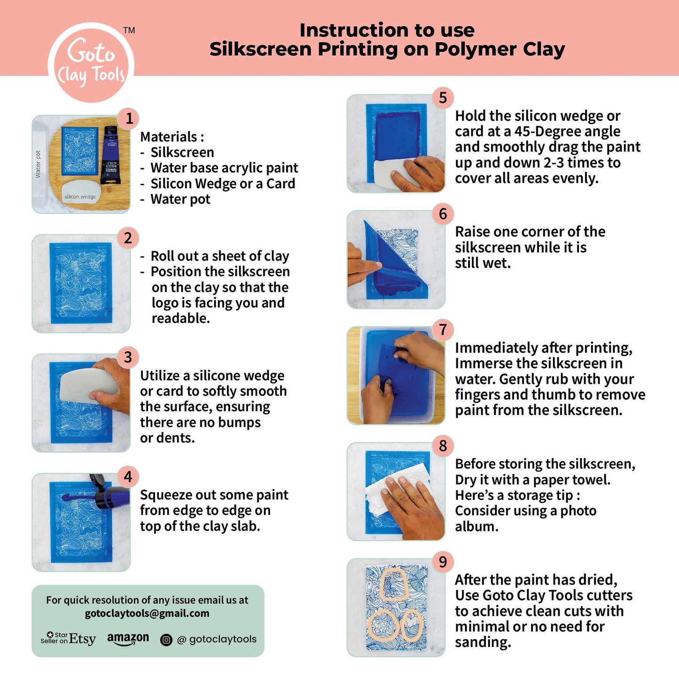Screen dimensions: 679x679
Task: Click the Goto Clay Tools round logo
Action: [x=91, y=62]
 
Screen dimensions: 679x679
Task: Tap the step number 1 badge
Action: [x=129, y=119]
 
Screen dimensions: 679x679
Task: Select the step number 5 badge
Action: [x=443, y=98]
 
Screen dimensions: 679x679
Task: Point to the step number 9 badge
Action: [x=443, y=562]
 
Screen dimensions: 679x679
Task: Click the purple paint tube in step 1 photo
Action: [x=110, y=155]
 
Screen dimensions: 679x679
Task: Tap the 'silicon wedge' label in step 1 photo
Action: [x=80, y=196]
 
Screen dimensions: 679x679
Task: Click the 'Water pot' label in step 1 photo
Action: [x=38, y=164]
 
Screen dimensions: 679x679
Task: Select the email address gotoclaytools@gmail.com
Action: [x=147, y=614]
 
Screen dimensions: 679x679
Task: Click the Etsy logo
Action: [x=68, y=639]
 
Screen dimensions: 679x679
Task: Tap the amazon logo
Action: [x=128, y=639]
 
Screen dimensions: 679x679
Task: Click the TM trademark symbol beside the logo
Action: [x=129, y=30]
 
